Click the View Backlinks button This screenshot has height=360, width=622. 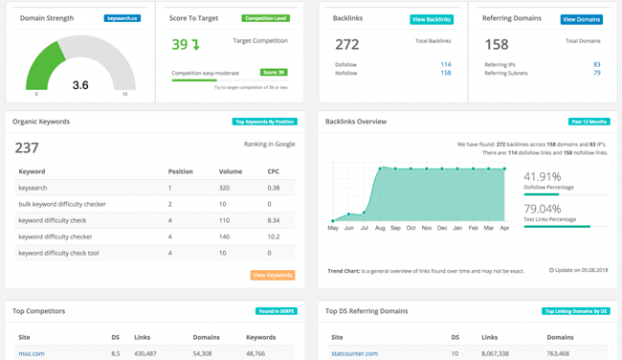click(432, 19)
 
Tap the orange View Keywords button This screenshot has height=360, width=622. click(273, 275)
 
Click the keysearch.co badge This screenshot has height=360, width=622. click(122, 18)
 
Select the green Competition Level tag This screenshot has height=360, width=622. click(264, 18)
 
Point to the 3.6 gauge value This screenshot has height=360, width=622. click(81, 85)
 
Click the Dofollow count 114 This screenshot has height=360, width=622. click(446, 64)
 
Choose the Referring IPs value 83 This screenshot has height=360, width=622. click(597, 64)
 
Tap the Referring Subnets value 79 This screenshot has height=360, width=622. click(597, 73)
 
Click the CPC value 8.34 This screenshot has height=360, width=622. click(274, 220)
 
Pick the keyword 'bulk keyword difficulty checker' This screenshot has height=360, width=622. click(62, 204)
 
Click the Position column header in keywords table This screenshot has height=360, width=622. click(181, 171)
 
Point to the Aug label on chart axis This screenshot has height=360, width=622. click(380, 228)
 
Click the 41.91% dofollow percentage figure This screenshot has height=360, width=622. click(543, 177)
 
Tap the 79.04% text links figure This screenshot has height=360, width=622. click(543, 209)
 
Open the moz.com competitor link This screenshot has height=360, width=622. click(32, 353)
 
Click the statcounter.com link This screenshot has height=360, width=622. click(354, 353)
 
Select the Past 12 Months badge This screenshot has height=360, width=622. click(589, 122)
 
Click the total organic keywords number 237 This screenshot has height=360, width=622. click(27, 147)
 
